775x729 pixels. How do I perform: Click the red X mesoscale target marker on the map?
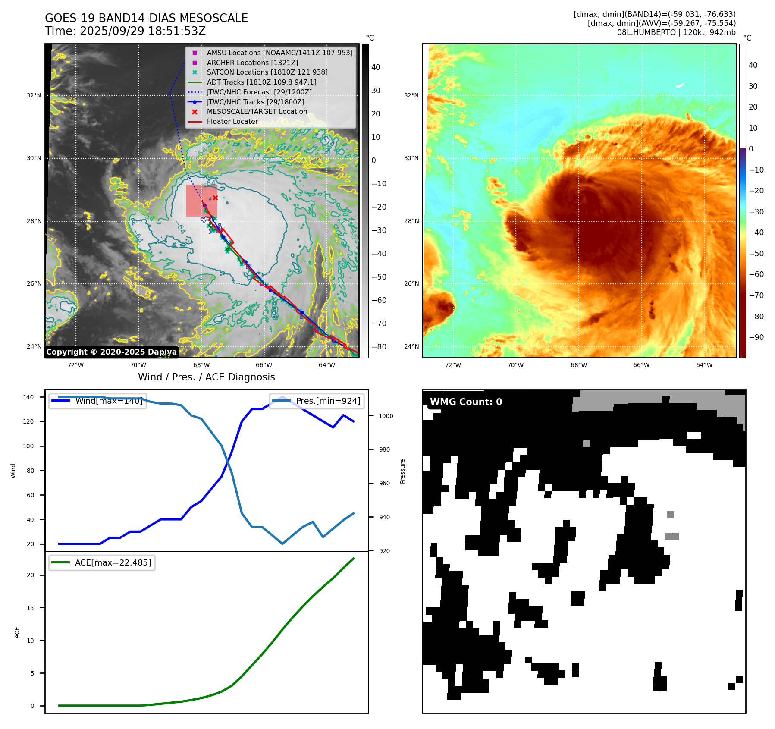(215, 198)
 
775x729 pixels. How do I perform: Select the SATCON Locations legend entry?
(267, 72)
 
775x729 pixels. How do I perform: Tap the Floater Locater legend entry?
(232, 122)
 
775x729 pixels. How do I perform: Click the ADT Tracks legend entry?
(261, 82)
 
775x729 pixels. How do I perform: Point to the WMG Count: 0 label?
(466, 402)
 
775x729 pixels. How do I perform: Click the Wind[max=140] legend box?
(97, 401)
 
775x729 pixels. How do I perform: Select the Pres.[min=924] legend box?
(317, 401)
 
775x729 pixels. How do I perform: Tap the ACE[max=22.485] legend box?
(102, 563)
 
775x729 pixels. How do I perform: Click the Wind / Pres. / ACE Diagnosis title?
(206, 377)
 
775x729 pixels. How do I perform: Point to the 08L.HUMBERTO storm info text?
(676, 32)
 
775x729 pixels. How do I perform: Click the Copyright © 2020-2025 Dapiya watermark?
(111, 352)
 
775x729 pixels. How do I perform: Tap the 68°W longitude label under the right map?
(578, 365)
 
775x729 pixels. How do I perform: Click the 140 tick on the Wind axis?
(28, 397)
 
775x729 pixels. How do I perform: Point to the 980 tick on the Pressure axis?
(384, 449)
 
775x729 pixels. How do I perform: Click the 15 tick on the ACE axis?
(30, 608)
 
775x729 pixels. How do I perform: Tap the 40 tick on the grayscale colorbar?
(376, 67)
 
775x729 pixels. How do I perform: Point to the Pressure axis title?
(402, 471)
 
